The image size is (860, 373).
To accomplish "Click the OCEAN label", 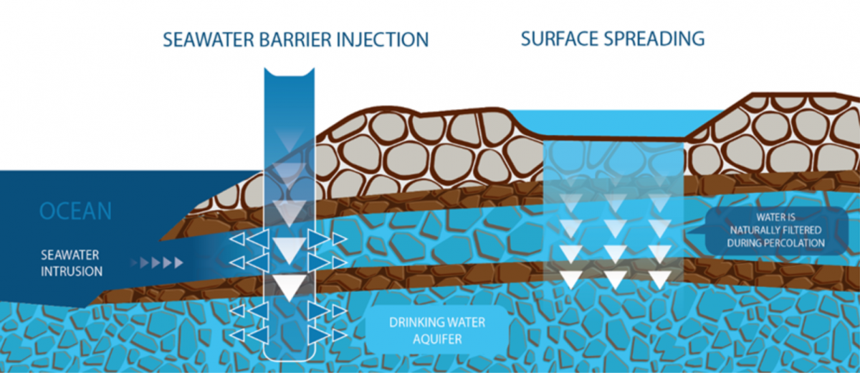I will (x=75, y=211).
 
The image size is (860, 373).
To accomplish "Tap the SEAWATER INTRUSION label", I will (x=71, y=263).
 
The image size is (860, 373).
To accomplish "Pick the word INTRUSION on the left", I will (x=71, y=272).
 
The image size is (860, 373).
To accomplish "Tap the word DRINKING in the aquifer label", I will (x=414, y=322).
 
